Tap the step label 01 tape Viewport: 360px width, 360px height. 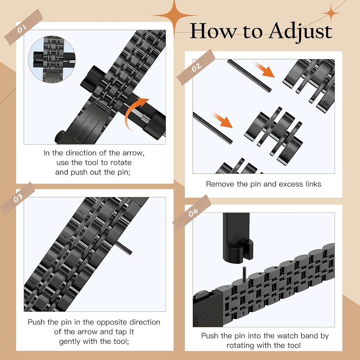click(23, 27)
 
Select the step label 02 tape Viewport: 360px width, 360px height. click(195, 67)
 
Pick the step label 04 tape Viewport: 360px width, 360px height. click(192, 213)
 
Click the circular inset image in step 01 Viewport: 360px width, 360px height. click(52, 59)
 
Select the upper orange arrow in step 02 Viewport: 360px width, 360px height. click(264, 70)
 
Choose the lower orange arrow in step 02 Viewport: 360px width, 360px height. click(222, 120)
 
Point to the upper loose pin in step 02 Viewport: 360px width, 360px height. click(249, 76)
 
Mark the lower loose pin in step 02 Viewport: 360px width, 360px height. click(213, 128)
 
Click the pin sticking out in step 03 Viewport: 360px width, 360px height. click(123, 248)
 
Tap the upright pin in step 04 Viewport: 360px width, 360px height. click(244, 274)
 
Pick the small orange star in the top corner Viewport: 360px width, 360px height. click(331, 13)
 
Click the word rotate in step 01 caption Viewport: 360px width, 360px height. click(121, 162)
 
